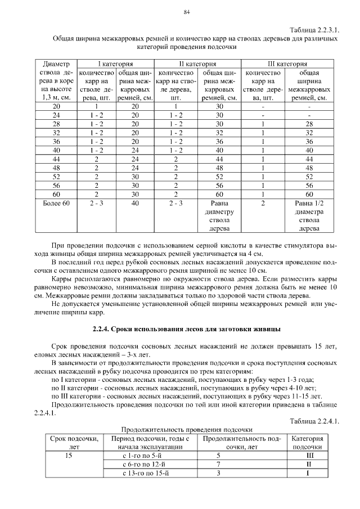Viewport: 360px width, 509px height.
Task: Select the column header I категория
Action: [115, 64]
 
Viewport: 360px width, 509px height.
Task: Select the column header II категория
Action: [195, 64]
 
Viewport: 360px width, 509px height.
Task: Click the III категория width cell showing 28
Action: [307, 124]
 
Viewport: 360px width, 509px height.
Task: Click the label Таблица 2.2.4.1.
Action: [314, 421]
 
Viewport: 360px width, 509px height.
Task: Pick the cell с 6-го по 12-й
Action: [146, 465]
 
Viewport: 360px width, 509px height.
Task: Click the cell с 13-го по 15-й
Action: [146, 474]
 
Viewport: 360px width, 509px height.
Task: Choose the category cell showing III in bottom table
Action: [308, 456]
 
